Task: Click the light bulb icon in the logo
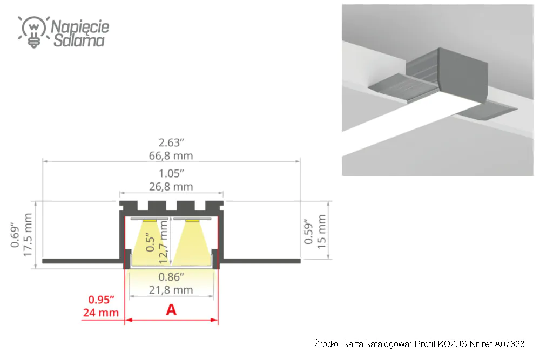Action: [33, 32]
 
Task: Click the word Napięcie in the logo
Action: [80, 27]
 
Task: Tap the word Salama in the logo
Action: [79, 40]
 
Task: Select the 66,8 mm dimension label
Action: [171, 155]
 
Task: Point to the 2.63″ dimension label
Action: [171, 142]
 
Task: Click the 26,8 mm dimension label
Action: [171, 187]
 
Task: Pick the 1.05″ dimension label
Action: [171, 173]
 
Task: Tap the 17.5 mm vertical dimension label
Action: [27, 235]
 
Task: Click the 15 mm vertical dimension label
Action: [321, 232]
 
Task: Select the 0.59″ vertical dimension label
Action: [308, 232]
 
